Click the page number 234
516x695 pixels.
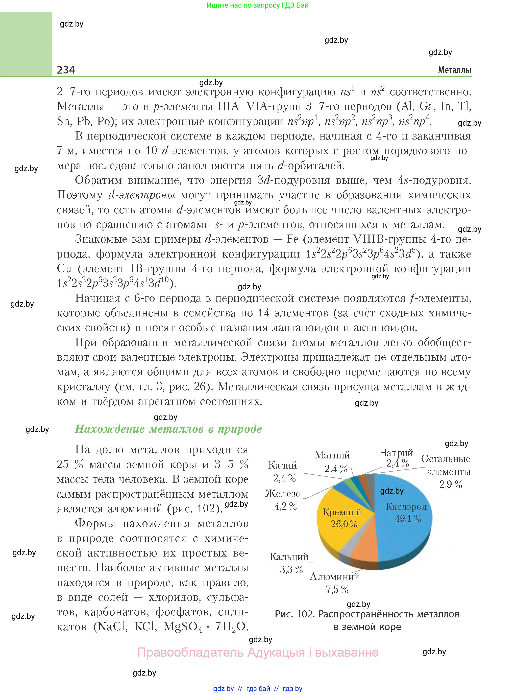pyautogui.click(x=66, y=70)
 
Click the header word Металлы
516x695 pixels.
pyautogui.click(x=454, y=70)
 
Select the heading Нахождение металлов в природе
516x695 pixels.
pyautogui.click(x=168, y=429)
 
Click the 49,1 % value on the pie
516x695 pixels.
pyautogui.click(x=408, y=518)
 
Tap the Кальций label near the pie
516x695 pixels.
pyautogui.click(x=289, y=557)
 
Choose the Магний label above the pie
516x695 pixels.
pyautogui.click(x=332, y=455)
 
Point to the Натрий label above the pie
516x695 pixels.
pyautogui.click(x=396, y=452)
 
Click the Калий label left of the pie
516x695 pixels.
pyautogui.click(x=282, y=465)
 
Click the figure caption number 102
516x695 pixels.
pyautogui.click(x=306, y=614)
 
